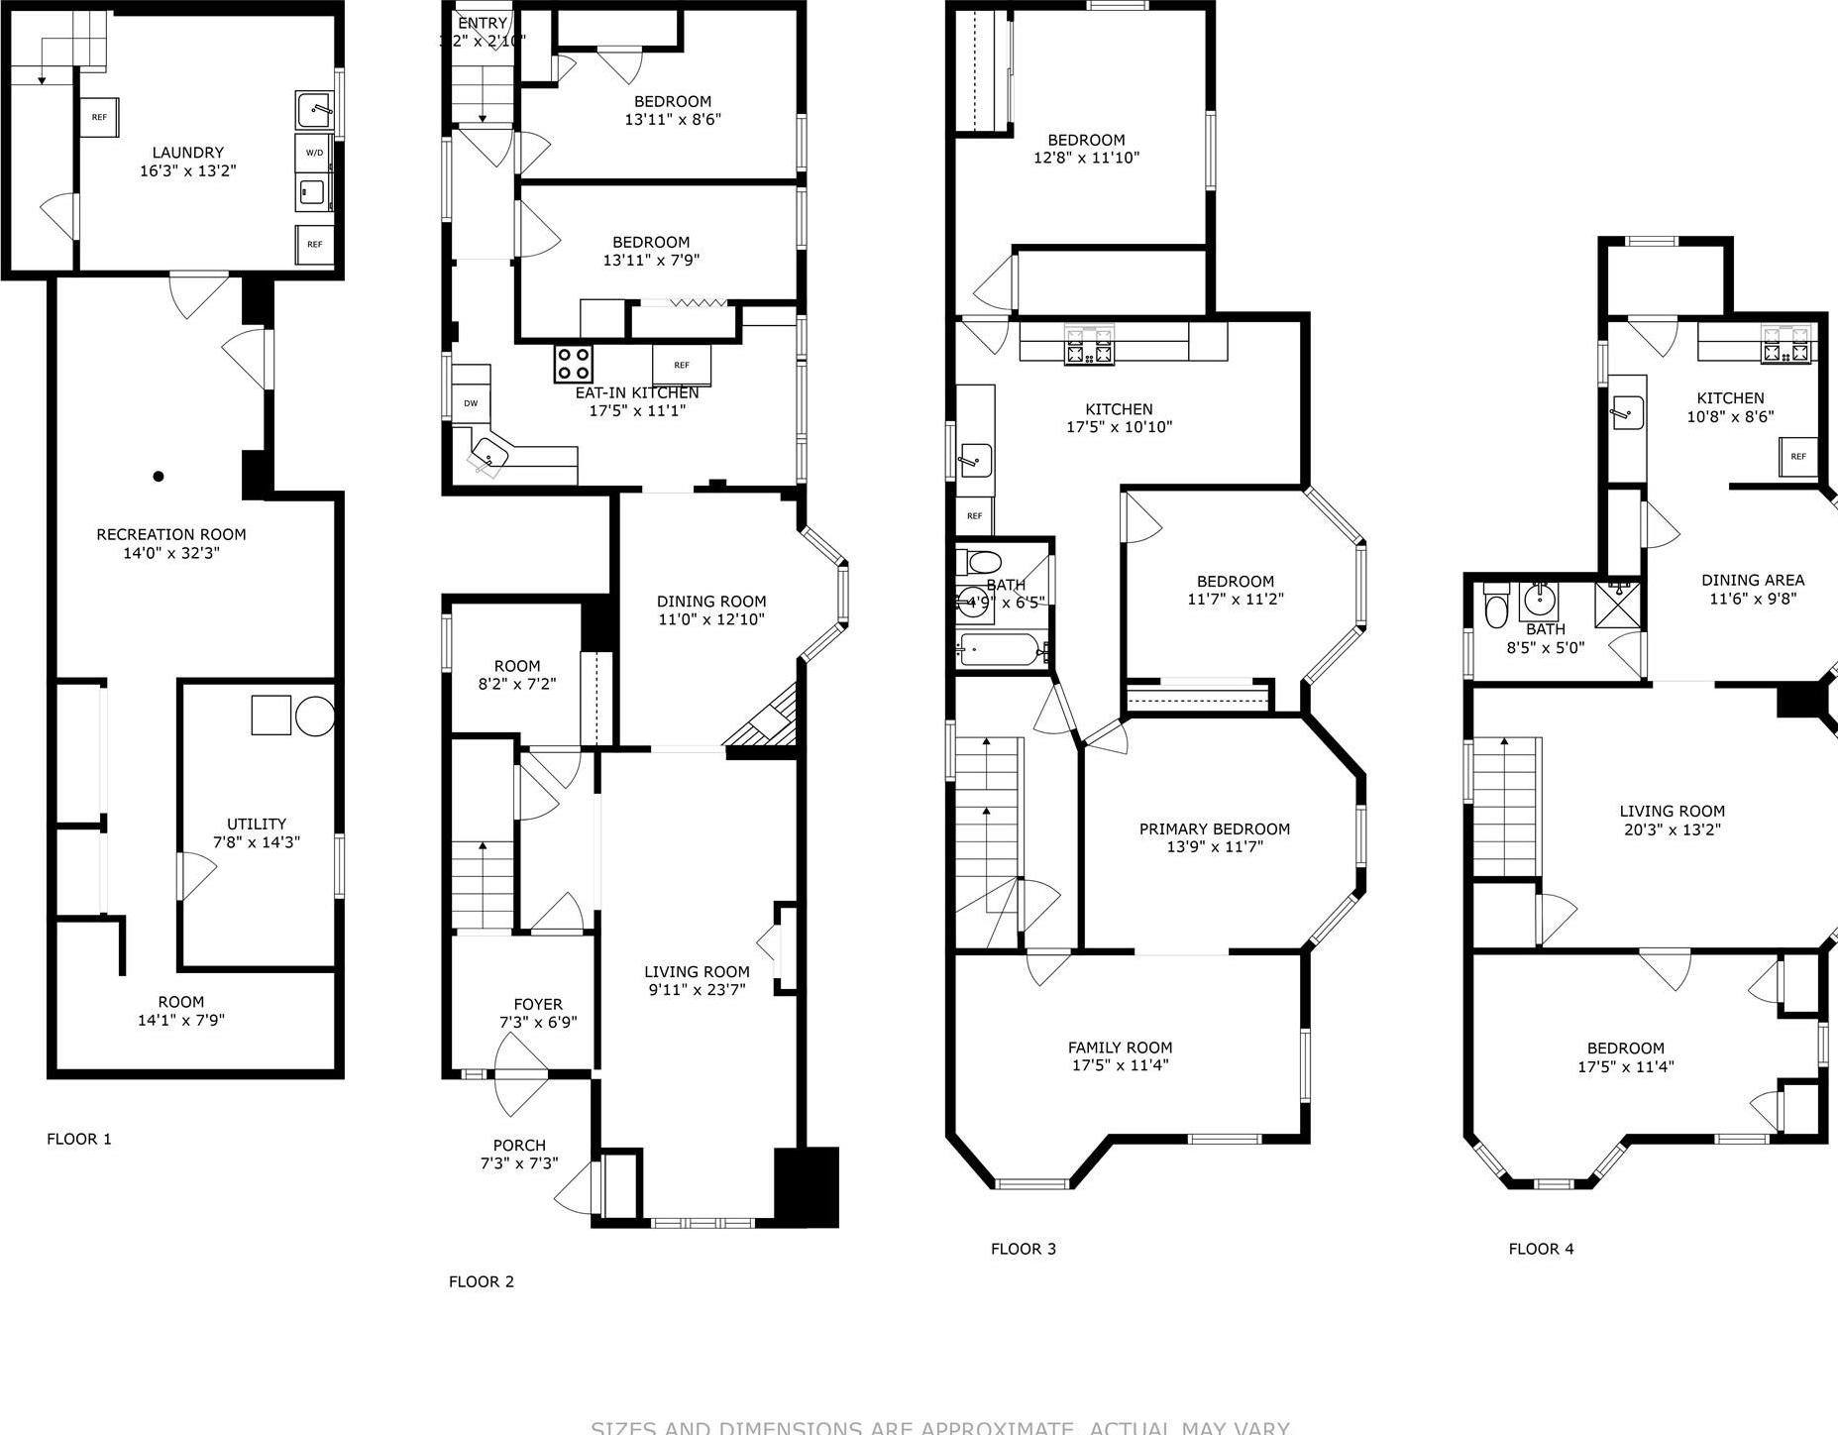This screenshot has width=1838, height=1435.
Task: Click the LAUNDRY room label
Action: point(187,153)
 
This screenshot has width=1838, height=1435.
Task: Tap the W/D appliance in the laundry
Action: point(314,153)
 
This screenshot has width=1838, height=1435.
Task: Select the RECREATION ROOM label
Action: point(170,534)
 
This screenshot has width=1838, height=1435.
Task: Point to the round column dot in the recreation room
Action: point(158,477)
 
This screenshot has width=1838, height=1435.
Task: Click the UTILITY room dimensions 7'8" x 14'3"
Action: point(257,842)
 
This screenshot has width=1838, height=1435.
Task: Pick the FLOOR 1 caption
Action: point(79,1139)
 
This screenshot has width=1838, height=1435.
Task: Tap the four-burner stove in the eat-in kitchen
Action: point(573,364)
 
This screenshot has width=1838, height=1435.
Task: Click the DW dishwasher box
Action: point(471,403)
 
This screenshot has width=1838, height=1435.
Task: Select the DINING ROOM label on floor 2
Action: point(710,602)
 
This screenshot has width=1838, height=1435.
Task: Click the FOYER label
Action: point(538,1004)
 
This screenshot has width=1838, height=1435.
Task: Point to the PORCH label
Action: point(519,1145)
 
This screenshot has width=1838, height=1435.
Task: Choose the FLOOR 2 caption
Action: point(482,1281)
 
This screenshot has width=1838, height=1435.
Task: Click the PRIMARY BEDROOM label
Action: point(1214,829)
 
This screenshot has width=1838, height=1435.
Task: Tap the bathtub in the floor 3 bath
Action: point(1001,652)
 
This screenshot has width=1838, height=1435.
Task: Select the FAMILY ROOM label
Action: point(1120,1048)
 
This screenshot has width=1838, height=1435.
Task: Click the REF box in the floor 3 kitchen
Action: point(974,515)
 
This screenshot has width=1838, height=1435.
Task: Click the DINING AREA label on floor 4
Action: point(1752,580)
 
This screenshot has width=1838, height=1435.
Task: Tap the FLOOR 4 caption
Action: point(1541,1249)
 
